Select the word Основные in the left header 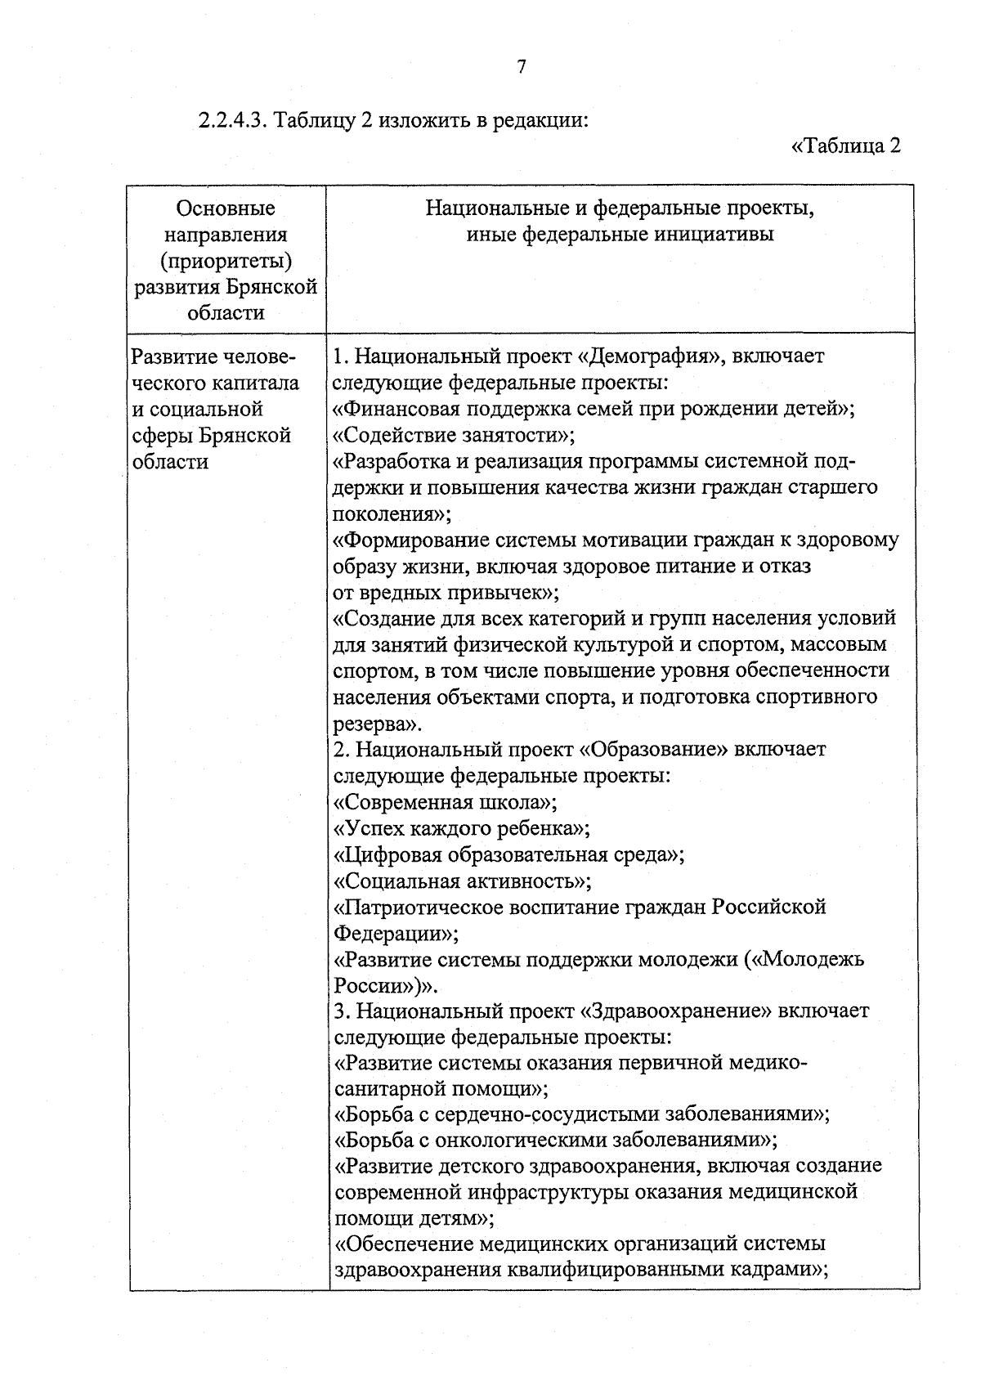pos(226,208)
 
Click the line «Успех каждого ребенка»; pos(462,828)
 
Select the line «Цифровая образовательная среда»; pos(509,854)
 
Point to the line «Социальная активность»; pos(464,881)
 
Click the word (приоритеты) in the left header pos(226,261)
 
